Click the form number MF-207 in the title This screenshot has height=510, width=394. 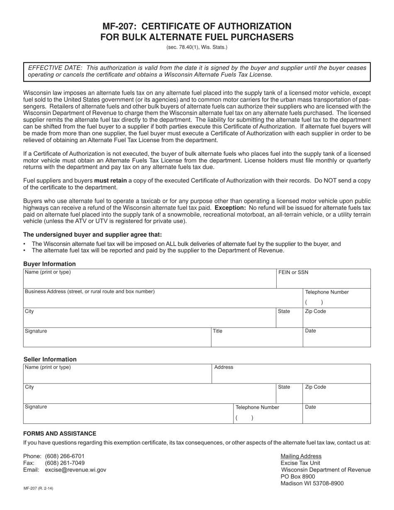[x=118, y=26]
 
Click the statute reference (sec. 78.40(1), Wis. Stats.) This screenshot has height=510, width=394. [x=197, y=47]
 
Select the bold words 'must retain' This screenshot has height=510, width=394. [x=111, y=181]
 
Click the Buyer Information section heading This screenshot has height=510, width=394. [x=49, y=264]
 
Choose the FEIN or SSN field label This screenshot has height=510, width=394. [x=293, y=272]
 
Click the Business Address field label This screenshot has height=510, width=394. [x=90, y=291]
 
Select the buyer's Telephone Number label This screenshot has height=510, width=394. [x=327, y=292]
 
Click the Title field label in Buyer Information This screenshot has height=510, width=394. [x=218, y=331]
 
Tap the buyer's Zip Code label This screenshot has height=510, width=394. [x=315, y=311]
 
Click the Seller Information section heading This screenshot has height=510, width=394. [x=50, y=359]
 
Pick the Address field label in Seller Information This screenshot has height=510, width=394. [x=224, y=367]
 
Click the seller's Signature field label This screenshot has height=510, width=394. [x=36, y=407]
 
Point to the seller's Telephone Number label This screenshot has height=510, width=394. [x=257, y=407]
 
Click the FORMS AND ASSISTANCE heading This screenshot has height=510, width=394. [x=60, y=433]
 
